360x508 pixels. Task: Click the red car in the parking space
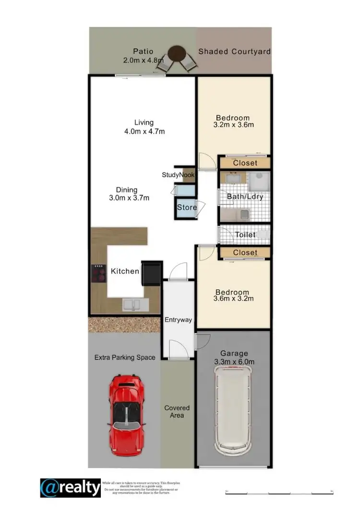pyautogui.click(x=126, y=414)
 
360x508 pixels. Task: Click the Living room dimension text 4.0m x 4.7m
pyautogui.click(x=144, y=131)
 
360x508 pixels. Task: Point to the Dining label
pyautogui.click(x=126, y=190)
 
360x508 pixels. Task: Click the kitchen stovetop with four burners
pyautogui.click(x=99, y=274)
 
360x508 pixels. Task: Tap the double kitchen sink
pyautogui.click(x=131, y=304)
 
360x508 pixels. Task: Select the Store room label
pyautogui.click(x=186, y=208)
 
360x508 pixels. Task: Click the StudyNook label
pyautogui.click(x=178, y=175)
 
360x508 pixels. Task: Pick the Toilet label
pyautogui.click(x=245, y=235)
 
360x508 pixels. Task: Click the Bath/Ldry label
pyautogui.click(x=245, y=197)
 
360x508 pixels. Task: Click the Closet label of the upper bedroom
pyautogui.click(x=245, y=163)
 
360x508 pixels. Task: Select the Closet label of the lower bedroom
pyautogui.click(x=245, y=252)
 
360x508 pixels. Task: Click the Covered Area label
pyautogui.click(x=177, y=412)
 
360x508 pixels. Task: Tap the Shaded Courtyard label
pyautogui.click(x=235, y=51)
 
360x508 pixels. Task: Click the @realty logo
pyautogui.click(x=70, y=488)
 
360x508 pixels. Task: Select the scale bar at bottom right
pyautogui.click(x=279, y=492)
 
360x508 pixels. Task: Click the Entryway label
pyautogui.click(x=178, y=320)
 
